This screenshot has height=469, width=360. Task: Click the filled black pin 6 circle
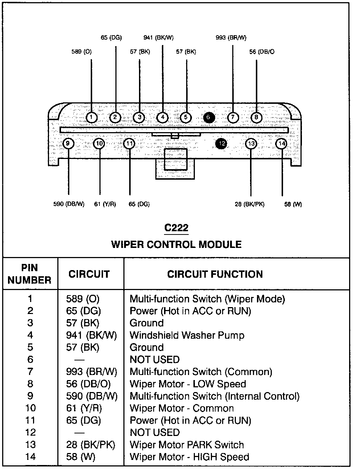point(209,117)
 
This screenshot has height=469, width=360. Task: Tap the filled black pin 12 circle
point(221,144)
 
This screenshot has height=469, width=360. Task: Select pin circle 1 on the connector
point(92,117)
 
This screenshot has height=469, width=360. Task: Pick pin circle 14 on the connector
point(282,144)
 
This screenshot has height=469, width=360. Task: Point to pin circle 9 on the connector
point(68,144)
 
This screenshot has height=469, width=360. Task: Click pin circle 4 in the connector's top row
point(162,117)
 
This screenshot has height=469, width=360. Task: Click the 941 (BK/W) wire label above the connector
point(158,37)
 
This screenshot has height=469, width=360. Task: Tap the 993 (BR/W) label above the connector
point(231,37)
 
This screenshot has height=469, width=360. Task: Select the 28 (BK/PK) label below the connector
point(249,204)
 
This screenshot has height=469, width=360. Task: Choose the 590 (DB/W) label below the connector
point(69,204)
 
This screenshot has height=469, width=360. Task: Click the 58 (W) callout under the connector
point(293,204)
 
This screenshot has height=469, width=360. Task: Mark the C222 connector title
point(176,228)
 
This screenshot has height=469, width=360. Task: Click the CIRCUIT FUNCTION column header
point(215,274)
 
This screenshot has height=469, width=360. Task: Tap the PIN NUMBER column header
point(30,274)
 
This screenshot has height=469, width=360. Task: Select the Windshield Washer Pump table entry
point(187,335)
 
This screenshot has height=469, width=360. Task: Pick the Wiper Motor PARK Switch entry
point(187,445)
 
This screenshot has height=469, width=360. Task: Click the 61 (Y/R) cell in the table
point(84,408)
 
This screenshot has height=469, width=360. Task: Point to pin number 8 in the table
point(30,384)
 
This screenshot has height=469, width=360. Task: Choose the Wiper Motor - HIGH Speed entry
point(189,457)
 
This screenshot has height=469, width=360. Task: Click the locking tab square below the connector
point(176,159)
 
